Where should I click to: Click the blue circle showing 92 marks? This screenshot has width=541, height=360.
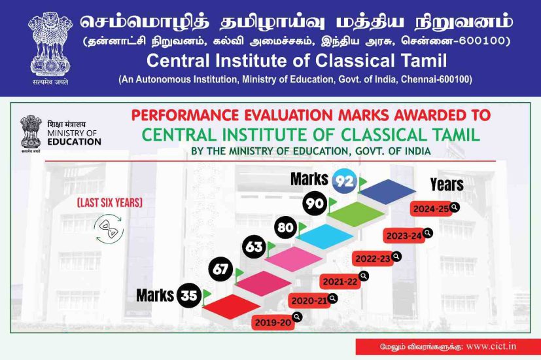(x=344, y=181)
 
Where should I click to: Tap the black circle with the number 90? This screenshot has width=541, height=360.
(x=315, y=204)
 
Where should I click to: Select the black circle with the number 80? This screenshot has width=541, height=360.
(x=286, y=228)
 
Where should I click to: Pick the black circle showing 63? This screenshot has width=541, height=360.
(x=254, y=247)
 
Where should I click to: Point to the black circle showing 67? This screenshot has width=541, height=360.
(x=221, y=269)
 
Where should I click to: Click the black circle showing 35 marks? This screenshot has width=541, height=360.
(x=189, y=295)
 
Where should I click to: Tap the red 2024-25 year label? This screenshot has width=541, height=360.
(x=431, y=209)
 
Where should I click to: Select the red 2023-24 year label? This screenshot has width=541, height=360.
(x=404, y=236)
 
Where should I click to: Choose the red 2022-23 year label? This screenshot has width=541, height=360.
(x=373, y=259)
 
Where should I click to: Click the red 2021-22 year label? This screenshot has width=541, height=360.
(x=340, y=281)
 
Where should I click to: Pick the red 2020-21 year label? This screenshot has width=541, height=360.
(x=309, y=301)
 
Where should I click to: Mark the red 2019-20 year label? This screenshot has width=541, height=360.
(x=273, y=323)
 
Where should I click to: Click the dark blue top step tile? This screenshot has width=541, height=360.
(x=388, y=191)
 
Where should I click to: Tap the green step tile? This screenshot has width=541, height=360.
(x=356, y=214)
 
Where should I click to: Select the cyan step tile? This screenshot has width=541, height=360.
(x=325, y=236)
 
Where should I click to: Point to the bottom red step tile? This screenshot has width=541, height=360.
(x=232, y=306)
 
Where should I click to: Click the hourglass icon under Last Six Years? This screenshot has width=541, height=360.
(x=109, y=229)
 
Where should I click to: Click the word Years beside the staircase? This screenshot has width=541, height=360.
(x=447, y=185)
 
